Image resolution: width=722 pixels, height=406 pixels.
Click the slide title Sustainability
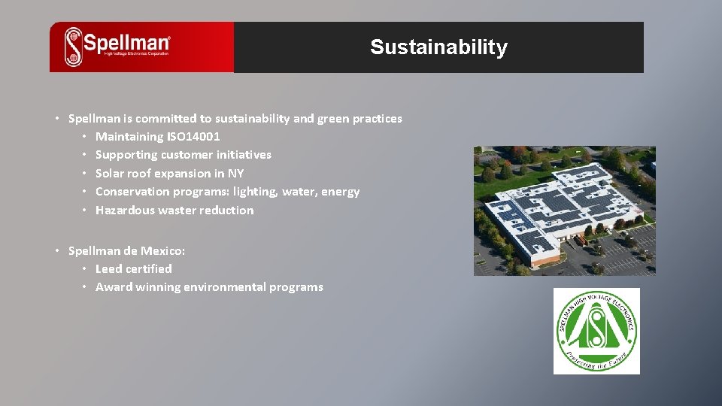point(438,47)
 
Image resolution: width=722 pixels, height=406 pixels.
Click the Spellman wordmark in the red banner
point(126,44)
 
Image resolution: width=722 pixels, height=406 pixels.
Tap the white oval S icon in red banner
point(73,47)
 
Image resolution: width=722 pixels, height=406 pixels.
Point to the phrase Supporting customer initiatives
point(183,155)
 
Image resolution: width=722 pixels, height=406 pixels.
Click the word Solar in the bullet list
point(111,174)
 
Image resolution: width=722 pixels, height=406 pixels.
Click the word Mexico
point(164,250)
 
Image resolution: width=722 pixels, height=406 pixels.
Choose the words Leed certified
point(133,268)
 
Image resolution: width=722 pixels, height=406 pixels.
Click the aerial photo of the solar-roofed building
point(564,211)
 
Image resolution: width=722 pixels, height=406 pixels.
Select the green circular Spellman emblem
point(596,331)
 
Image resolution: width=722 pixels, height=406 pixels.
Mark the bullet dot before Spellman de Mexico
point(57,250)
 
